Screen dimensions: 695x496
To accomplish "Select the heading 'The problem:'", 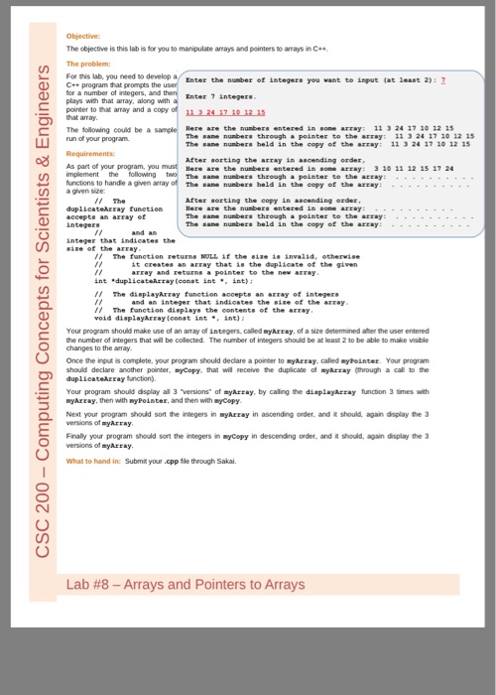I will pyautogui.click(x=88, y=63).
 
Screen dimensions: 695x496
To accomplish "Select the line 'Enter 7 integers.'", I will pyautogui.click(x=219, y=95).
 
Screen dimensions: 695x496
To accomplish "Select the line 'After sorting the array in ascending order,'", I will pyautogui.click(x=257, y=160).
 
